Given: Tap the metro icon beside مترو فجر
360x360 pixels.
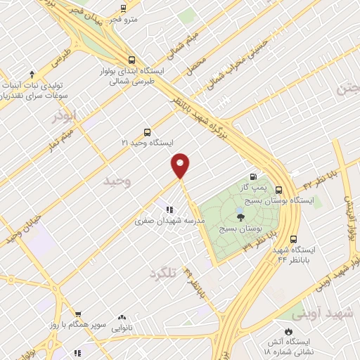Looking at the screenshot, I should (123, 8).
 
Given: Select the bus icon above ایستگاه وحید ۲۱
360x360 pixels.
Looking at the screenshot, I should (147, 131).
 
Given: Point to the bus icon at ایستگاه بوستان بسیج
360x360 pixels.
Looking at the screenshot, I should (279, 190).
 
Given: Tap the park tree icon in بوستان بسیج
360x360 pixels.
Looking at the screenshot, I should (240, 215).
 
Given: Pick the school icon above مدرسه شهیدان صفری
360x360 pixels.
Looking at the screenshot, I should (168, 209).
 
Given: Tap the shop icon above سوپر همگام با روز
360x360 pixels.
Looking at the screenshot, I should (79, 315).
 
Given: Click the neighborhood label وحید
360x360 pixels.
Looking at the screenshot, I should (117, 181).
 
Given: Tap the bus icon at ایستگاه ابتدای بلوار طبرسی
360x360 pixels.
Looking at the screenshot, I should (132, 60).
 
